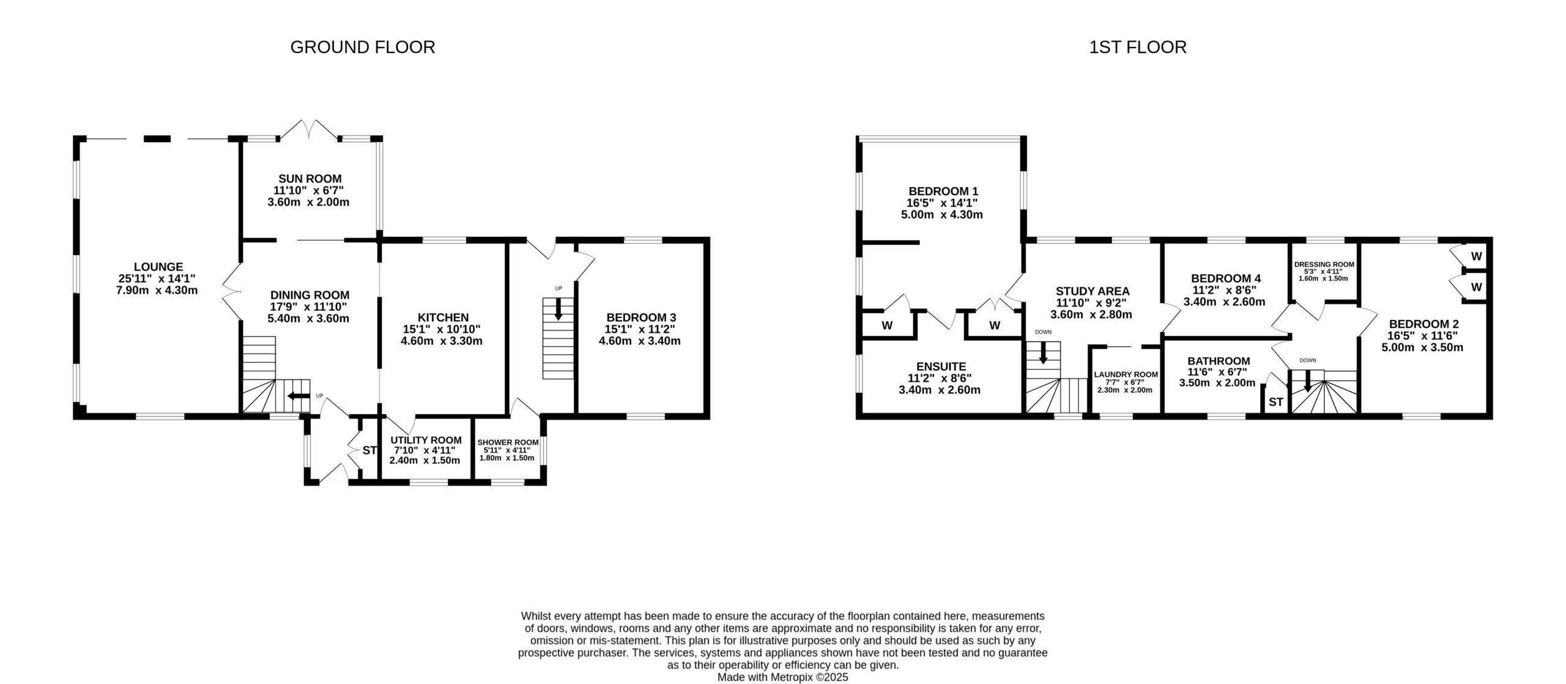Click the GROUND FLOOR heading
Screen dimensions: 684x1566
pos(362,47)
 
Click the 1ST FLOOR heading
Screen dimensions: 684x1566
pos(1137,47)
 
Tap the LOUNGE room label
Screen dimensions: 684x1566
pos(158,267)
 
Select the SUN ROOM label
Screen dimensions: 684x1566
pos(310,179)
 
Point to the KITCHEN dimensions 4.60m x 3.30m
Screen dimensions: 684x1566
pos(441,341)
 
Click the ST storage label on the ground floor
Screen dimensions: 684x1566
pos(369,450)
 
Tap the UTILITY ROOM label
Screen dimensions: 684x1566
pos(426,440)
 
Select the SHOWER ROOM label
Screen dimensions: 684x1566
pos(508,442)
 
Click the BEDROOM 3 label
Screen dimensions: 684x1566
pos(640,318)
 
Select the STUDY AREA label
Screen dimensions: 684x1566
pos(1092,291)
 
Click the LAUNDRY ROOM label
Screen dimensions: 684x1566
pos(1126,374)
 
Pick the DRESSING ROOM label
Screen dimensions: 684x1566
pos(1324,264)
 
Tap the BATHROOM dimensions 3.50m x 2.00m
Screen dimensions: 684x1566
pos(1217,383)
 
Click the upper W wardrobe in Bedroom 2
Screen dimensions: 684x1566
pos(1475,256)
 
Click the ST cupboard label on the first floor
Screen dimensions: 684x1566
pos(1275,402)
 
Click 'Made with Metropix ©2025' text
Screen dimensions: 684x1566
pos(782,677)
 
